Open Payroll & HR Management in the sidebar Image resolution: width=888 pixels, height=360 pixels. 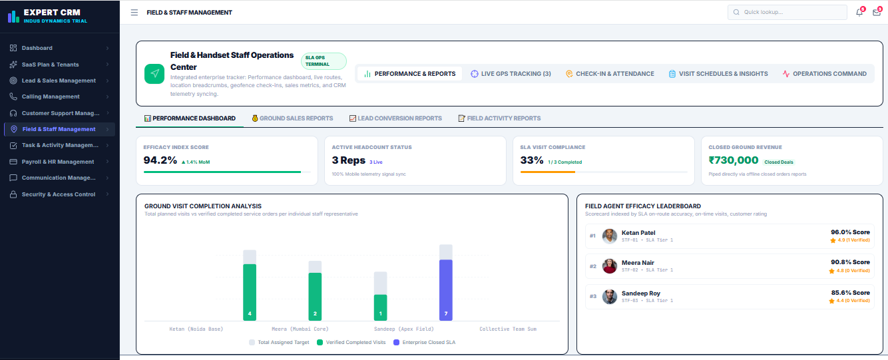[x=59, y=162]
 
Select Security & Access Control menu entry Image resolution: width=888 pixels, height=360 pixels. [x=59, y=194]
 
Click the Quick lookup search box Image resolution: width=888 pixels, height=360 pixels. [x=787, y=12]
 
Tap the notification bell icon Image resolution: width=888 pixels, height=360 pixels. [x=859, y=12]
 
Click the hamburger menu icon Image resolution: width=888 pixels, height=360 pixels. [x=134, y=13]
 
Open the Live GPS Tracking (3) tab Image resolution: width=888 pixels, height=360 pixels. [x=511, y=74]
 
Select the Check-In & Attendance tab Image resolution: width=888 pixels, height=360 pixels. [x=610, y=74]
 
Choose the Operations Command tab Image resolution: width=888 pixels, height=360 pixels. [x=825, y=74]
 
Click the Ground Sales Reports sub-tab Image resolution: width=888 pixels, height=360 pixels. [x=293, y=118]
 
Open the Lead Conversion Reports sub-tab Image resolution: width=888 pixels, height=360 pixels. [x=395, y=118]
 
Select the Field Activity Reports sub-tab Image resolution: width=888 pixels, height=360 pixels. [x=499, y=118]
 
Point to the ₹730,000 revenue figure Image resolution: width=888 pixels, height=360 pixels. [x=734, y=160]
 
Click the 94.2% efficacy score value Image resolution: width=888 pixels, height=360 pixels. [x=160, y=160]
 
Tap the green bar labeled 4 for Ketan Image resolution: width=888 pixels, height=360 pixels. [x=250, y=292]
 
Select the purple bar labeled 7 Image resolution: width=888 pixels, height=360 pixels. [x=446, y=290]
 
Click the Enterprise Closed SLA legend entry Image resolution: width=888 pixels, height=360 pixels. [x=424, y=342]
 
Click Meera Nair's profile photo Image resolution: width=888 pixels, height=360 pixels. [x=610, y=266]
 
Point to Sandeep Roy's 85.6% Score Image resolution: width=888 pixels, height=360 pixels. [x=850, y=293]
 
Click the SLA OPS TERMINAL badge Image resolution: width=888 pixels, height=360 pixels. [x=324, y=61]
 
